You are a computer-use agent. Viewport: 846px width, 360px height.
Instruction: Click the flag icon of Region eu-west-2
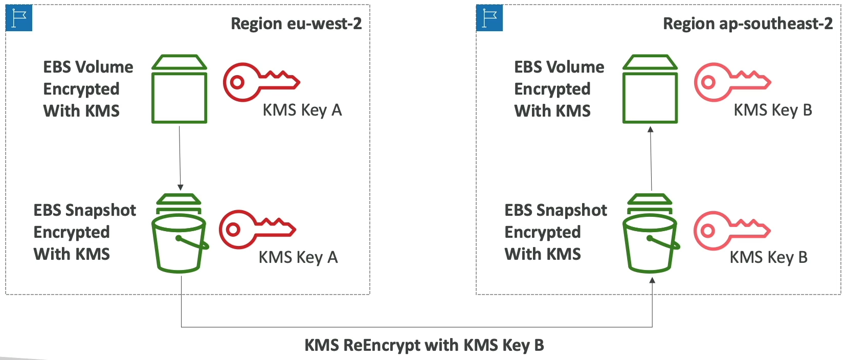[x=19, y=18]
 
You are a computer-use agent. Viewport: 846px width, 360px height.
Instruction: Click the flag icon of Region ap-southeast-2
[x=489, y=18]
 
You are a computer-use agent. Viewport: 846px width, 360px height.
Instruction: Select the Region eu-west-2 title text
[x=296, y=24]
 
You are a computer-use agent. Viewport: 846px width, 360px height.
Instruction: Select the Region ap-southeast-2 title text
[x=748, y=24]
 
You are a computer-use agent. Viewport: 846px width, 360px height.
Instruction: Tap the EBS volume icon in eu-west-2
[x=180, y=89]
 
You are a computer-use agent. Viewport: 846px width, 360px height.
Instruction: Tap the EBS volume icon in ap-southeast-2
[x=650, y=89]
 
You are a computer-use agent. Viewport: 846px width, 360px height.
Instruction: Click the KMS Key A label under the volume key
[x=302, y=110]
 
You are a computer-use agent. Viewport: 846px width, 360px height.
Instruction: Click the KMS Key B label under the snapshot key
[x=768, y=257]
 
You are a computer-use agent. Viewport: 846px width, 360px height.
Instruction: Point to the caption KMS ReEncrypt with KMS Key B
[x=424, y=345]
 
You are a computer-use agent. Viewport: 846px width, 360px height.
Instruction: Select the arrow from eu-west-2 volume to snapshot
[x=180, y=156]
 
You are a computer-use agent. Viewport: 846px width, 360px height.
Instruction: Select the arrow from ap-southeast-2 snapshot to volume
[x=651, y=159]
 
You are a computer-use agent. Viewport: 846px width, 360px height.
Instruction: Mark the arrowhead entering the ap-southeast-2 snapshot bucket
[x=652, y=280]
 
